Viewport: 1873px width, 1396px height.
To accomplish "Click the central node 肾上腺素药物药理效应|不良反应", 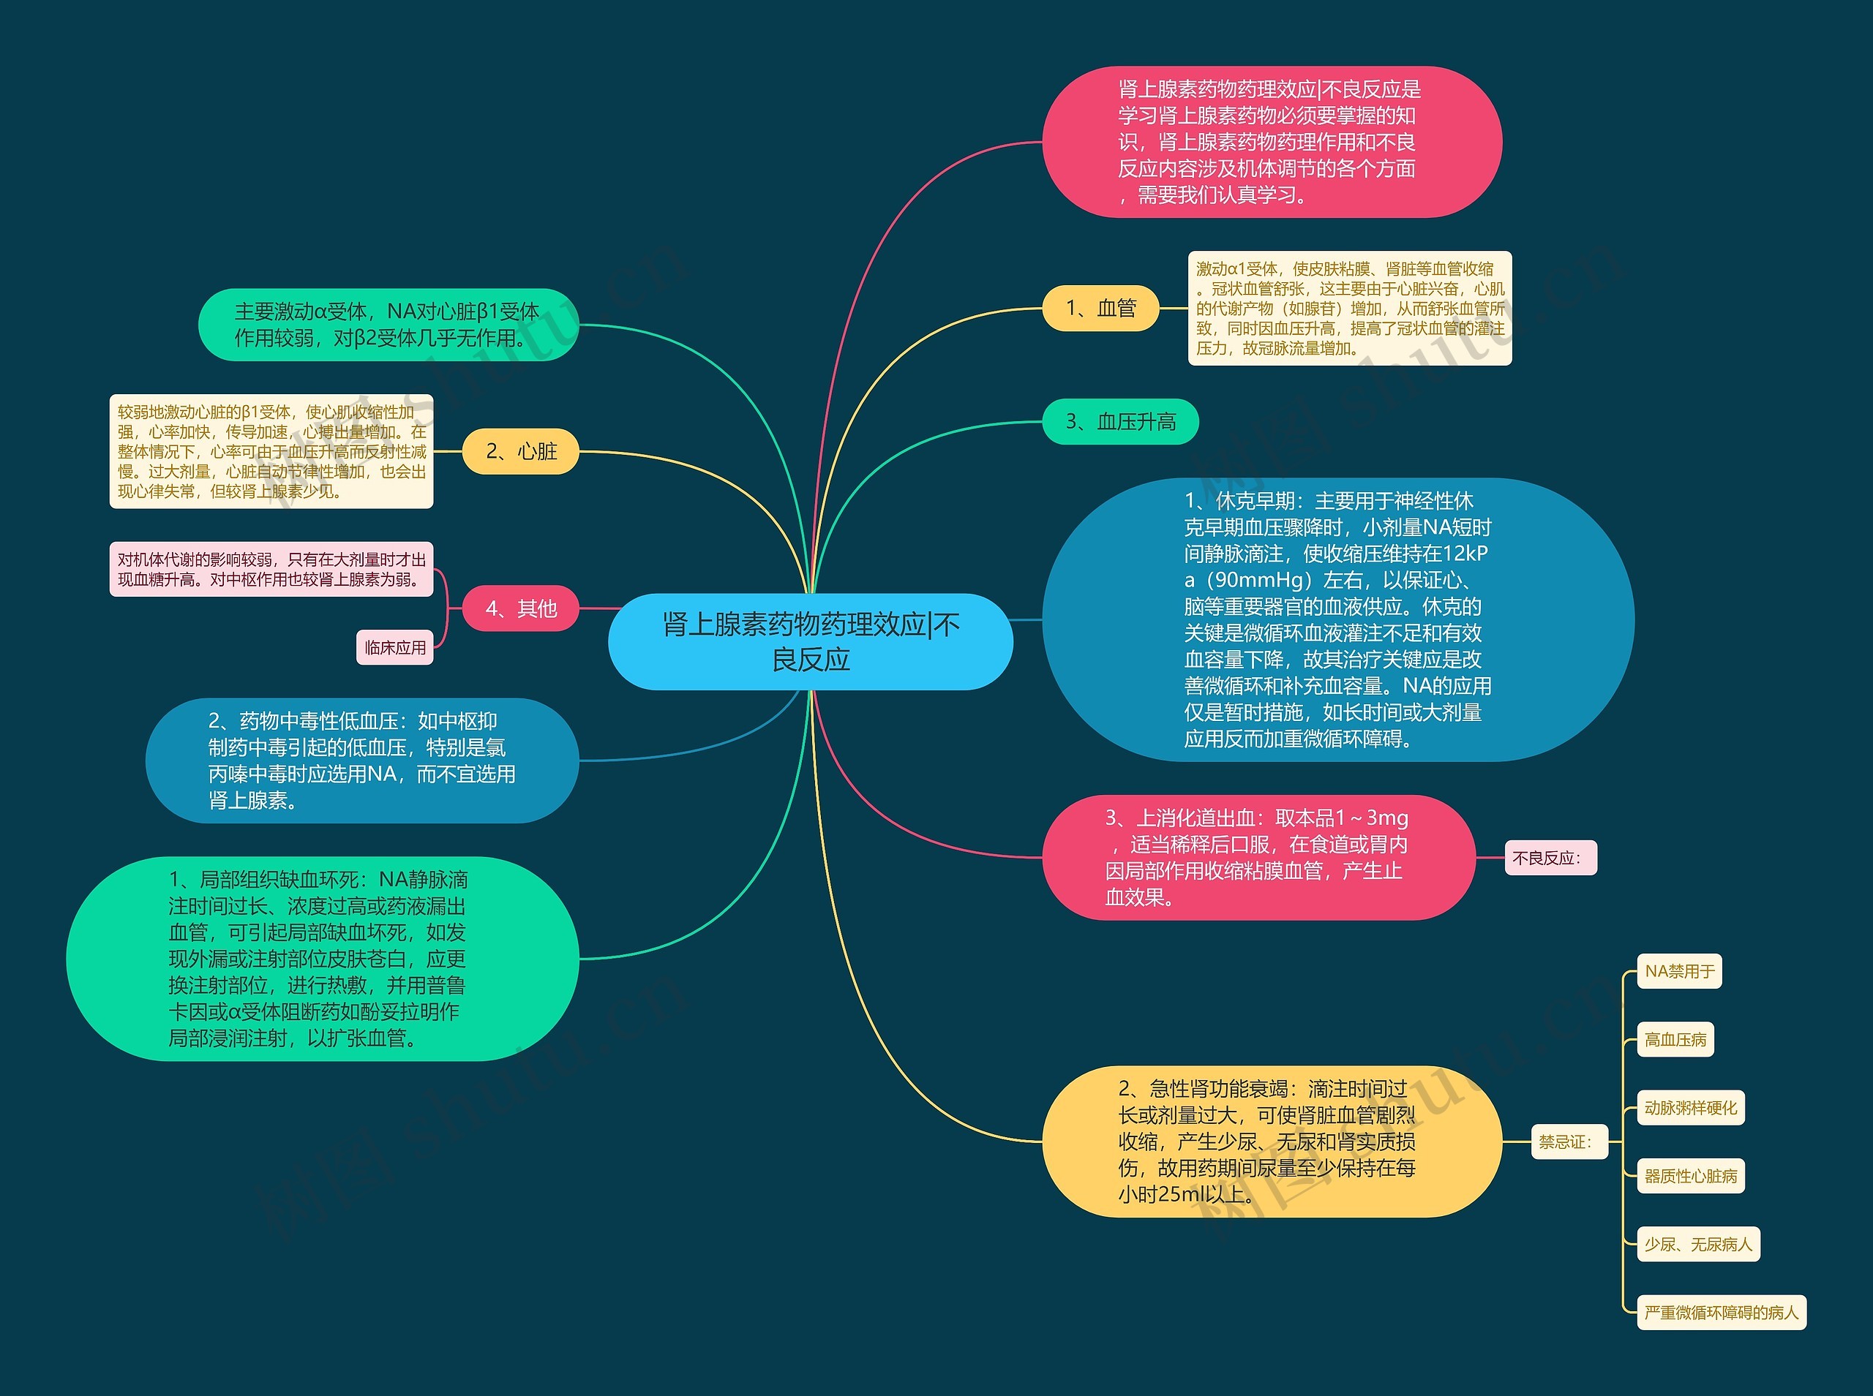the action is (x=810, y=641).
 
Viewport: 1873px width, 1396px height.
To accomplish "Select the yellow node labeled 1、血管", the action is (x=1100, y=309).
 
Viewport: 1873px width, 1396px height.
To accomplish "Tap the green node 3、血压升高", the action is (x=1120, y=422).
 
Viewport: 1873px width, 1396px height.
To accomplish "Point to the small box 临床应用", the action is (x=394, y=648).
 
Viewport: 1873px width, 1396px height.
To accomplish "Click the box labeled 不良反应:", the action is (x=1550, y=859).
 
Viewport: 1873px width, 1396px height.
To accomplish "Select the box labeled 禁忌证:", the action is (x=1569, y=1142).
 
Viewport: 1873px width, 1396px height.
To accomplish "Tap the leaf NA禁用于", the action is (x=1678, y=972).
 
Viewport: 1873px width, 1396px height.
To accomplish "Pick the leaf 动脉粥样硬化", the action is (x=1690, y=1108).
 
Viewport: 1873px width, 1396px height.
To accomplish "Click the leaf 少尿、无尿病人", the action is (x=1698, y=1245).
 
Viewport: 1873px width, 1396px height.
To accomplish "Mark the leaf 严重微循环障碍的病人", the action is (x=1721, y=1313).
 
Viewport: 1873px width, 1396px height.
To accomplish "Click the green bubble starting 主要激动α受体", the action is (x=388, y=325).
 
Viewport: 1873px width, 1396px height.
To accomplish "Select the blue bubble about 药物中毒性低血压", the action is (x=361, y=761).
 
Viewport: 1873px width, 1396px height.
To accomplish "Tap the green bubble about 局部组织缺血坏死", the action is (x=322, y=959).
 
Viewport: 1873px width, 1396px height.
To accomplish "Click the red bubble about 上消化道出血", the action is (x=1258, y=858).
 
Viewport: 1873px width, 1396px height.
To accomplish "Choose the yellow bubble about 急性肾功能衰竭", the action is (x=1270, y=1142).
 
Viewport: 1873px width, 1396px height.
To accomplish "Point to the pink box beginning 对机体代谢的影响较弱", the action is (x=271, y=570).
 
